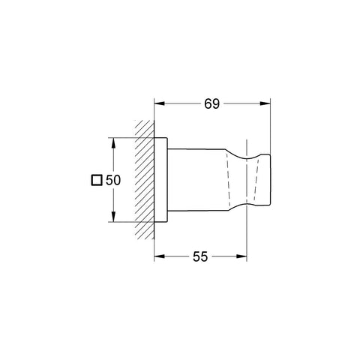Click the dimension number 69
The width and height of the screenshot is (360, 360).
[211, 103]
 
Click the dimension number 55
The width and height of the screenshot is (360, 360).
[200, 256]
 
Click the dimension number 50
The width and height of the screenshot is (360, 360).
[113, 180]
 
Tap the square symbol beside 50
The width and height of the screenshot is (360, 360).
[97, 180]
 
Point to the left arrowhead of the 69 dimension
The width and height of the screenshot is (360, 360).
[159, 103]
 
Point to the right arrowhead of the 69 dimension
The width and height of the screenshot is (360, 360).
[265, 103]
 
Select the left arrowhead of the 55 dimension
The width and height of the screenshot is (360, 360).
[159, 256]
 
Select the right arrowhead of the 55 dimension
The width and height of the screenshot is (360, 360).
[241, 256]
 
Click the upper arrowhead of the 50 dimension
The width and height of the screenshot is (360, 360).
[113, 143]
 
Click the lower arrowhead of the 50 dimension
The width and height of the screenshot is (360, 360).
[113, 217]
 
